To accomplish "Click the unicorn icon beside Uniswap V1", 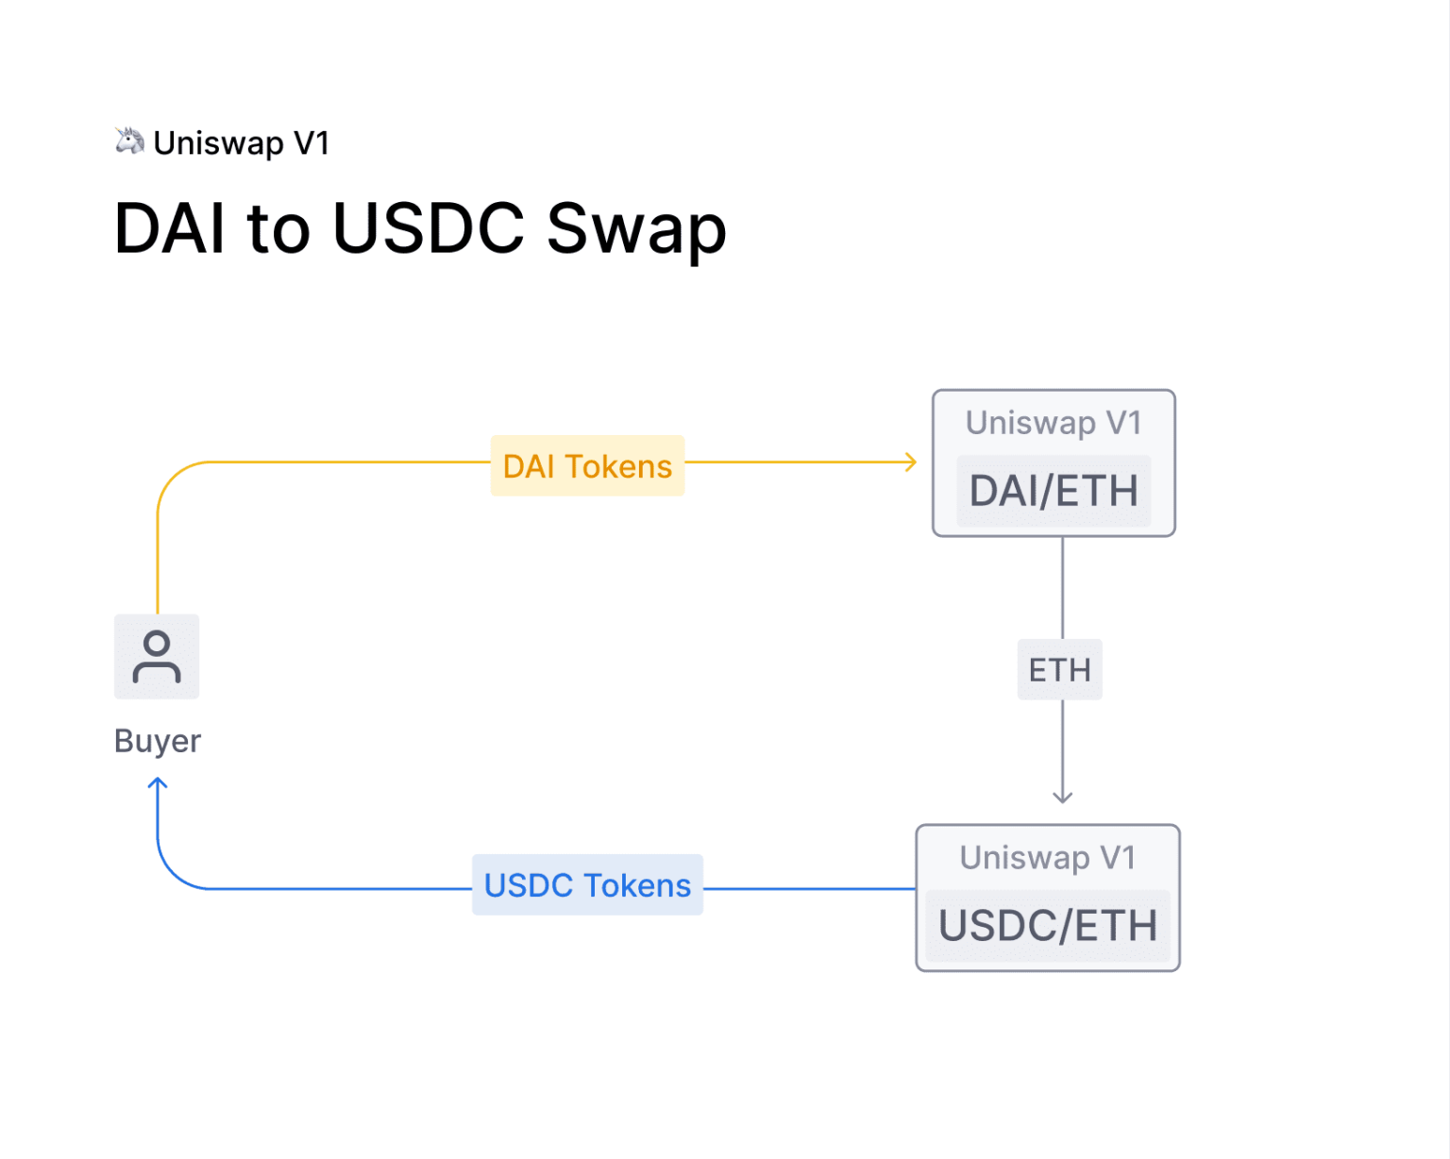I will (129, 142).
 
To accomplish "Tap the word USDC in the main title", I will (429, 228).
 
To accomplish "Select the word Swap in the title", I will (636, 230).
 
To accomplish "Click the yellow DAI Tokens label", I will (587, 466).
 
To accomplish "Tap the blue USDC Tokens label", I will (587, 885).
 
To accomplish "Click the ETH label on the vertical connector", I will (1059, 670).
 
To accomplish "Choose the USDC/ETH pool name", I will (1048, 926).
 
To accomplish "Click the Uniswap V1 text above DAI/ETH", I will (1054, 423).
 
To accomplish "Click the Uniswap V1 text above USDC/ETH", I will (1048, 857).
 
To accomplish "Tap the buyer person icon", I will (157, 657).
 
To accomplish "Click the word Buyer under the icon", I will (158, 741).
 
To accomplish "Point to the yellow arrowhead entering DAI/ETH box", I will (911, 462).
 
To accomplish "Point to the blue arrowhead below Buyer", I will (158, 783).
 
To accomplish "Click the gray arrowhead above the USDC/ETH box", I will (1063, 798).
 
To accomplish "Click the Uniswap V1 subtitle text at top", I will (241, 143).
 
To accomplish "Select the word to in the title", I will (278, 230).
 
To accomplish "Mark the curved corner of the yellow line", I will (173, 478).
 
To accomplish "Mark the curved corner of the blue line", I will (173, 873).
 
